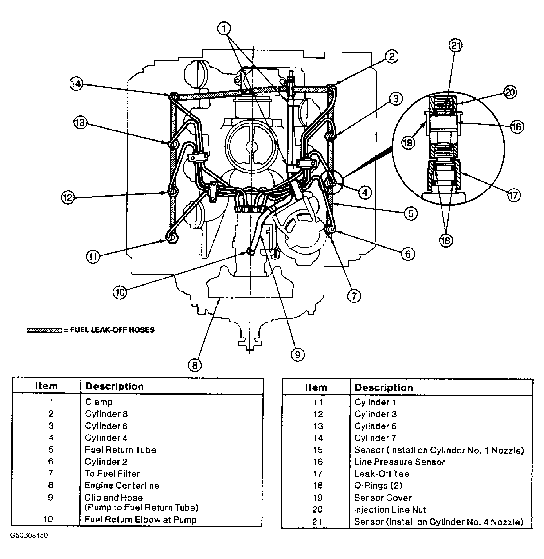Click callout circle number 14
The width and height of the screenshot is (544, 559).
(76, 84)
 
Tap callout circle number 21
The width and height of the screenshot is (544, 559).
(455, 45)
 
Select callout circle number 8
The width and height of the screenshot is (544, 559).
(195, 365)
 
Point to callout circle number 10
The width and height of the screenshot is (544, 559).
(120, 292)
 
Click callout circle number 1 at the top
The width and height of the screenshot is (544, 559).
(224, 28)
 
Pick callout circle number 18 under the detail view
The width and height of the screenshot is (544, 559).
(446, 240)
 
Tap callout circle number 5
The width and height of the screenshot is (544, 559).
(411, 213)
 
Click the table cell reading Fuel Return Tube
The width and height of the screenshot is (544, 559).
(120, 450)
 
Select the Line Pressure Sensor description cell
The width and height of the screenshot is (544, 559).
(400, 462)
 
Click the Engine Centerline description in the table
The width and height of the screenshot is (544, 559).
(122, 485)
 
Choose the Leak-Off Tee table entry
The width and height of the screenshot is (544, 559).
(382, 474)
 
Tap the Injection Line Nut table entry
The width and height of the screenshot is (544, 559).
(390, 509)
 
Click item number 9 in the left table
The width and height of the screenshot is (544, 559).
(51, 497)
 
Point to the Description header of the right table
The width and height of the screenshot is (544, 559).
(384, 387)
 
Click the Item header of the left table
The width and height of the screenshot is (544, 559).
(46, 386)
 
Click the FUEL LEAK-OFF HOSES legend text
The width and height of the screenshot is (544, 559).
(112, 330)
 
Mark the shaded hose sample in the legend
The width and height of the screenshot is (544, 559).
(44, 330)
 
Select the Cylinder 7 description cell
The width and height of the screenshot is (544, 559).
(375, 438)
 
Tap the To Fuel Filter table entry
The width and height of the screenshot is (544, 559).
(112, 474)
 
